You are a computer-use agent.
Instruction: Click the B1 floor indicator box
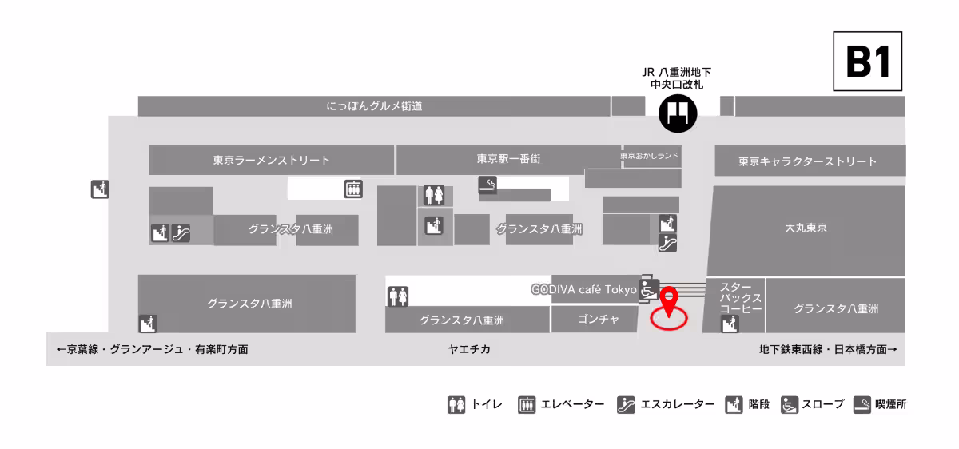pyautogui.click(x=868, y=62)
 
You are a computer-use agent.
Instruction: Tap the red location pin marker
pyautogui.click(x=669, y=301)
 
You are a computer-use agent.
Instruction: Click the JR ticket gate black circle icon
pyautogui.click(x=678, y=113)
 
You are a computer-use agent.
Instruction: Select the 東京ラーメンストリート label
pyautogui.click(x=271, y=161)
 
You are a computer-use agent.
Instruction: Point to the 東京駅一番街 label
pyautogui.click(x=508, y=159)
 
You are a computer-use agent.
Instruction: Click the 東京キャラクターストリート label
pyautogui.click(x=807, y=161)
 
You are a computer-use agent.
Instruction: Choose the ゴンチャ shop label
pyautogui.click(x=598, y=320)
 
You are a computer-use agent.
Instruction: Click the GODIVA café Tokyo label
pyautogui.click(x=584, y=289)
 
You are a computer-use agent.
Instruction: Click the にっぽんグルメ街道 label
pyautogui.click(x=374, y=106)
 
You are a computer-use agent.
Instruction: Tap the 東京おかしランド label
pyautogui.click(x=650, y=157)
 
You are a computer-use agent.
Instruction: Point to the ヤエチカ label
pyautogui.click(x=469, y=349)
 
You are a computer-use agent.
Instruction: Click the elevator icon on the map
pyautogui.click(x=353, y=189)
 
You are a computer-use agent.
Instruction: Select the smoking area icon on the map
pyautogui.click(x=487, y=185)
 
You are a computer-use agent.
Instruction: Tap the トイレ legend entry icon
pyautogui.click(x=456, y=404)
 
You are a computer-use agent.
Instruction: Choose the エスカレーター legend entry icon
pyautogui.click(x=626, y=404)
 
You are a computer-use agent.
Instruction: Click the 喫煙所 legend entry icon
pyautogui.click(x=862, y=404)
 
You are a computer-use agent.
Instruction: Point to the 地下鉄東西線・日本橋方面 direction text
pyautogui.click(x=827, y=349)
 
